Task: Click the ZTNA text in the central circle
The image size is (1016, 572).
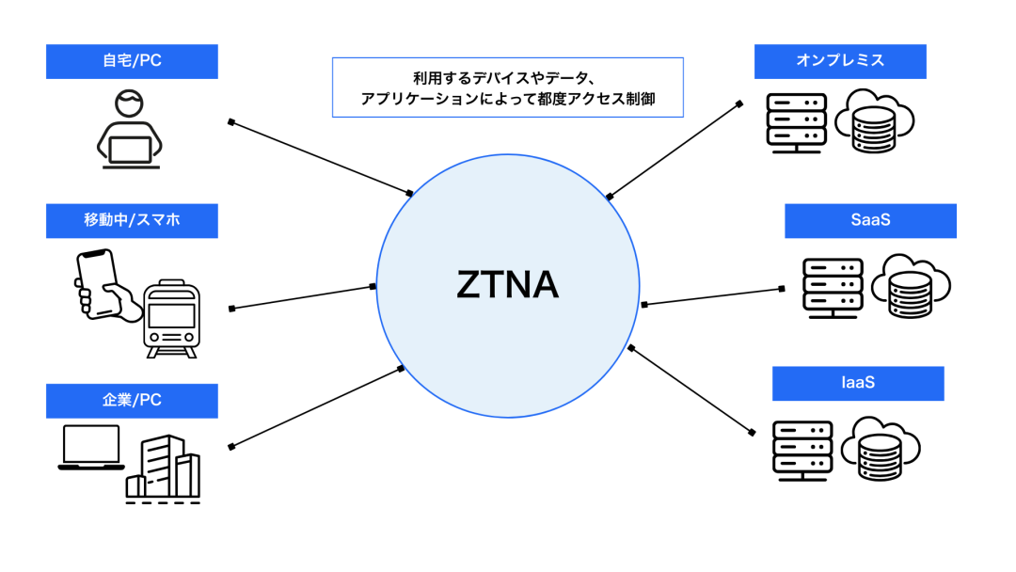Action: click(x=507, y=284)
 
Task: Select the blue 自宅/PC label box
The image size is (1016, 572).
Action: click(x=132, y=61)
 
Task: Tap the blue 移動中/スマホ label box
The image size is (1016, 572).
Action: click(x=132, y=221)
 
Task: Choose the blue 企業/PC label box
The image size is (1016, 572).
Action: click(x=132, y=400)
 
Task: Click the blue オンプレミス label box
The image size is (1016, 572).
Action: click(x=840, y=61)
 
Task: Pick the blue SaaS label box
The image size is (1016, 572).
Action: click(x=870, y=221)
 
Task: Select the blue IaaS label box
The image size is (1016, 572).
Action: click(x=857, y=384)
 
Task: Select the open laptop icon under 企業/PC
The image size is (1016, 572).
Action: click(x=91, y=448)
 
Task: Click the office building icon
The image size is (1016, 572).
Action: click(x=165, y=468)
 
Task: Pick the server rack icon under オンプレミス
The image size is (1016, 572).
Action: click(x=797, y=123)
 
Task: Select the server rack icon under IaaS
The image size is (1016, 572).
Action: click(x=802, y=448)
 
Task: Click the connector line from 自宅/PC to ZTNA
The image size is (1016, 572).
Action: click(x=320, y=157)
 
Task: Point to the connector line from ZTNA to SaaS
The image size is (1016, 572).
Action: click(x=712, y=296)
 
